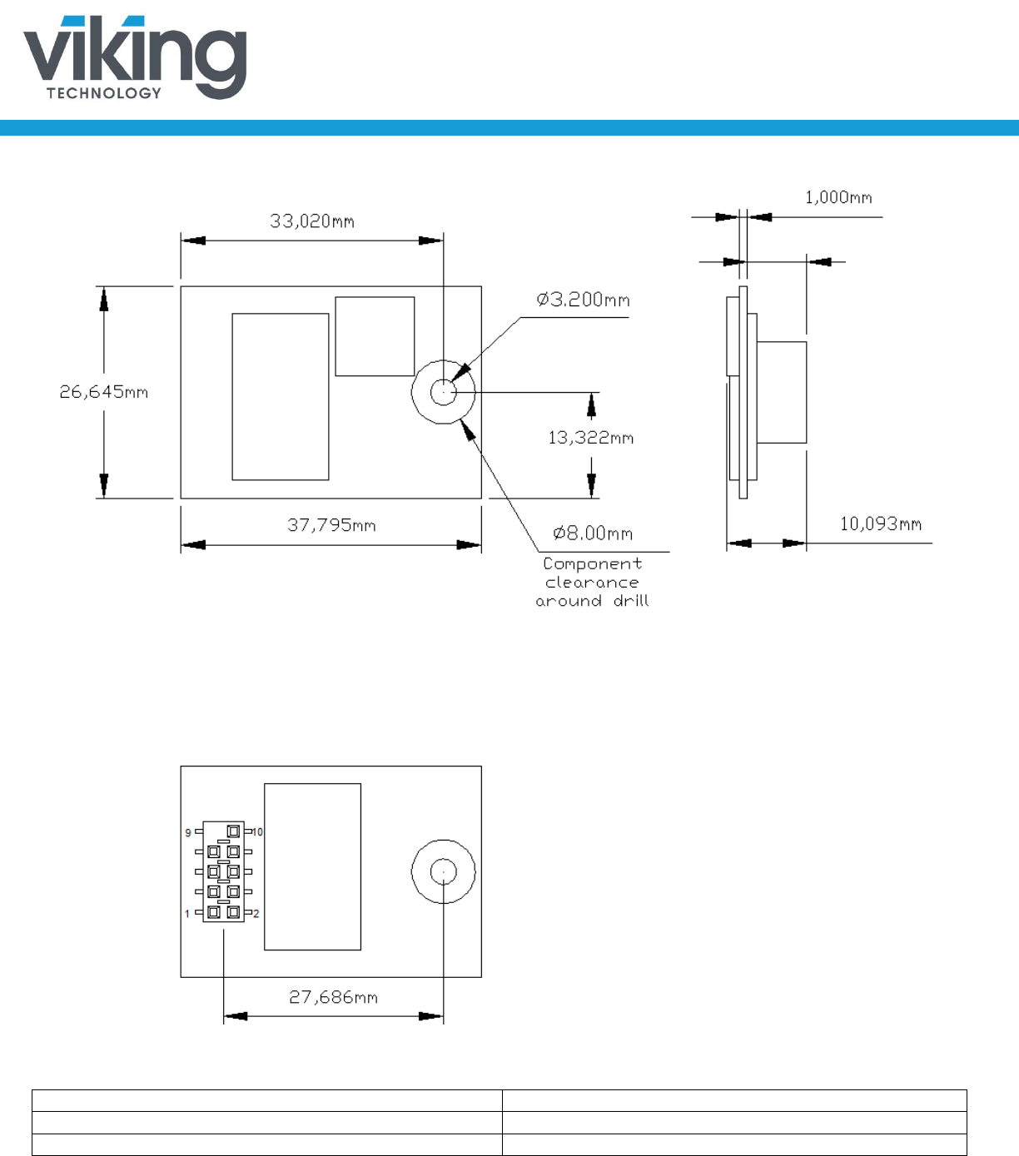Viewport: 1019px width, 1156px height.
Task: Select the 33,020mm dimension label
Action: [x=312, y=221]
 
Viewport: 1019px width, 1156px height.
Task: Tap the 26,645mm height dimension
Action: [x=103, y=392]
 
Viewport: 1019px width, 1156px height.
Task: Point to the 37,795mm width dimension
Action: [x=331, y=525]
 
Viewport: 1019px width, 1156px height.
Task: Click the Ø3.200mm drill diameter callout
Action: [x=583, y=300]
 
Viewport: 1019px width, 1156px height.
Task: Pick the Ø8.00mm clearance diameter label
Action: [x=593, y=533]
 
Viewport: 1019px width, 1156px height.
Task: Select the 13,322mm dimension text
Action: [x=590, y=438]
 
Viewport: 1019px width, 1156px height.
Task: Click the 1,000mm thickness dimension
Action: [x=838, y=197]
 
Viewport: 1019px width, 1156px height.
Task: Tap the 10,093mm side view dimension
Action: [x=880, y=524]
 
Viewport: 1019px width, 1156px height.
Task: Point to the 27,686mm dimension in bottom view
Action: [x=333, y=997]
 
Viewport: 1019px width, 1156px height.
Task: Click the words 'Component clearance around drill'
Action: [x=592, y=583]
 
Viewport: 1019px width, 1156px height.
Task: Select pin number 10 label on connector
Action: [x=258, y=831]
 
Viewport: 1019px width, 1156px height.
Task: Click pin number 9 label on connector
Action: [x=188, y=832]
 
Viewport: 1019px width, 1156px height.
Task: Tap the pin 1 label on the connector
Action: [x=187, y=914]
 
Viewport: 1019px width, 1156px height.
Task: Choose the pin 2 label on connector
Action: [x=256, y=914]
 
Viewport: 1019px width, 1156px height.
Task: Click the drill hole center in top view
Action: [x=444, y=391]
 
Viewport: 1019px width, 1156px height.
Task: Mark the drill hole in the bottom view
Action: [x=444, y=871]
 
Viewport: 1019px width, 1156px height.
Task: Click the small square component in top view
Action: [x=375, y=336]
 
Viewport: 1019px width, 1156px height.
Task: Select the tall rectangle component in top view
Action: [x=280, y=397]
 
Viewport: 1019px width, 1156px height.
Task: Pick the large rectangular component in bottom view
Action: [x=312, y=866]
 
